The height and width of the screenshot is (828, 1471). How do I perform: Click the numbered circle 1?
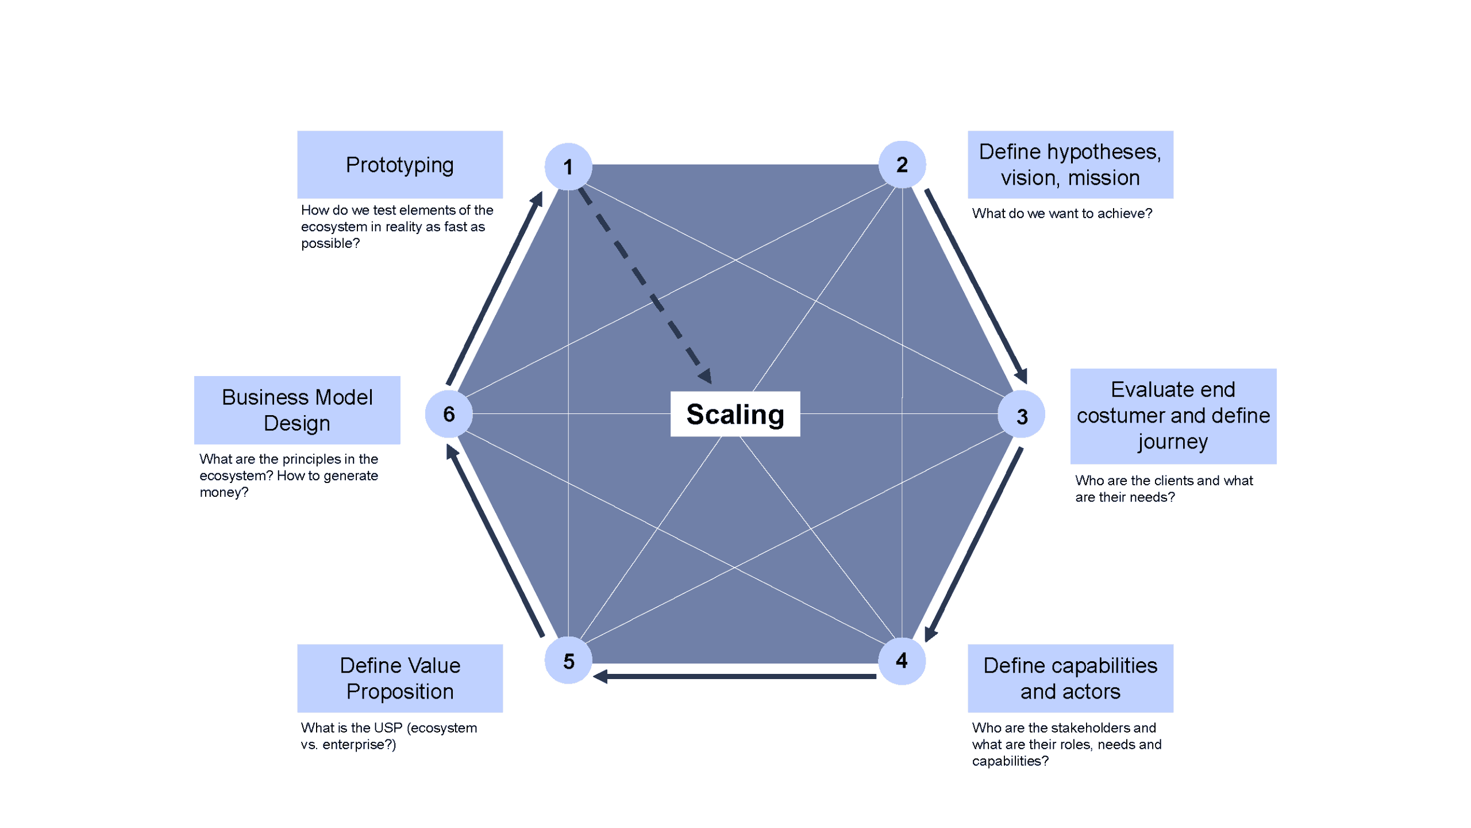tap(568, 167)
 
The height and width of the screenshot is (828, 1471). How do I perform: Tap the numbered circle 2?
tap(902, 164)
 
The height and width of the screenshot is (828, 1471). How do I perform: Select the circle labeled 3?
tap(1021, 415)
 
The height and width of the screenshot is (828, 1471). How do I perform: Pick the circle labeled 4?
tap(902, 661)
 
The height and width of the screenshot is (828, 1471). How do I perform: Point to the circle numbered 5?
tap(568, 661)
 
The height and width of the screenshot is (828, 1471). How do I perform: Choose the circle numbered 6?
tap(449, 413)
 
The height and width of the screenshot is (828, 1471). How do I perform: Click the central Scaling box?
tap(735, 414)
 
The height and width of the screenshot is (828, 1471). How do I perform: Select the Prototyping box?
tap(399, 164)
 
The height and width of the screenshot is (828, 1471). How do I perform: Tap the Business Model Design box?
tap(297, 410)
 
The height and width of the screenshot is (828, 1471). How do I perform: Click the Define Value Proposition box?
tap(399, 678)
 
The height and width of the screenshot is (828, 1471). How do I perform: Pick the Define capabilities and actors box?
tap(1070, 678)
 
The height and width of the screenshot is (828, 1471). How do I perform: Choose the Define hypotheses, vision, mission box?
tap(1070, 164)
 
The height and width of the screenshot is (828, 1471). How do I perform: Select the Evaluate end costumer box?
tap(1173, 416)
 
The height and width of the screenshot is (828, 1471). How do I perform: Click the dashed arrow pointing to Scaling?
tap(645, 284)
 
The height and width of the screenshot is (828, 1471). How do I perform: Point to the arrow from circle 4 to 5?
tap(735, 676)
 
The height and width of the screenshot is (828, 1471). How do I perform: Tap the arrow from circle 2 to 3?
tap(976, 286)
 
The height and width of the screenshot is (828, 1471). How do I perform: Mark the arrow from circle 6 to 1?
tap(494, 289)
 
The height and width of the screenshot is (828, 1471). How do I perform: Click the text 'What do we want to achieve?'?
tap(1062, 213)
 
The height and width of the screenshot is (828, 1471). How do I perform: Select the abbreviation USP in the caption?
tap(388, 727)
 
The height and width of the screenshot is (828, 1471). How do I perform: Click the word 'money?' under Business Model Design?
tap(224, 492)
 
